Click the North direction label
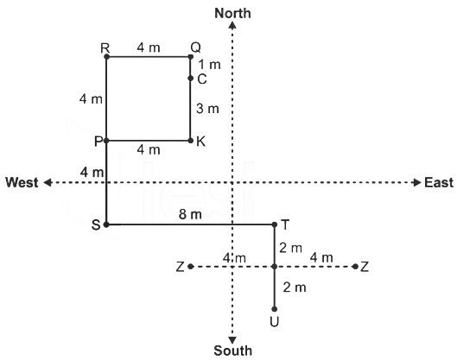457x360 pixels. [232, 14]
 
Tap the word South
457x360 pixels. [233, 351]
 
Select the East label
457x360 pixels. [439, 183]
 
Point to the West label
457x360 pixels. [22, 183]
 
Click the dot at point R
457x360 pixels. [106, 57]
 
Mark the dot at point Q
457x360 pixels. [191, 57]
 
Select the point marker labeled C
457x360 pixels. [191, 78]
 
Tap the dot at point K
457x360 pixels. [191, 141]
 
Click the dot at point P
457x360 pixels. [106, 141]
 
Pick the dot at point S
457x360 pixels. [106, 224]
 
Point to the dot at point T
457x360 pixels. [274, 224]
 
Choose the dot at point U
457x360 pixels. [274, 309]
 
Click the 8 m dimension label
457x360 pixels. [190, 214]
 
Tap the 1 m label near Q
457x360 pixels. [209, 65]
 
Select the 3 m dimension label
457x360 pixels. [207, 109]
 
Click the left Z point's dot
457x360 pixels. [191, 267]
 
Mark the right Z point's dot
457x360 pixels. [355, 267]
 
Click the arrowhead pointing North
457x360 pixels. [232, 26]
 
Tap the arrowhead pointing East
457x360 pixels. [417, 183]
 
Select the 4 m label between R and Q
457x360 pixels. [149, 47]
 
